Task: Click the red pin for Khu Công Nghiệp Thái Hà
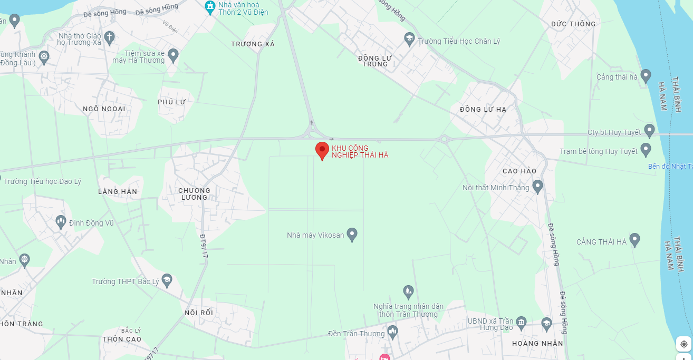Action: [x=322, y=150]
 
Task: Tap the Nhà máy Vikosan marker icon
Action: [x=352, y=235]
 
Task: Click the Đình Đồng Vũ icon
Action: [x=61, y=221]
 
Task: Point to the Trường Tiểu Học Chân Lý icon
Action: [x=409, y=38]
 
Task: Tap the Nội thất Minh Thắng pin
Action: [x=537, y=186]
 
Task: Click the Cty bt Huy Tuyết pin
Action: [x=649, y=131]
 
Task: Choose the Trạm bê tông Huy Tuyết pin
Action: [x=646, y=150]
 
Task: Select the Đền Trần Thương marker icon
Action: [x=392, y=332]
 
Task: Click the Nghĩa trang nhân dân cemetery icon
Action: [x=408, y=291]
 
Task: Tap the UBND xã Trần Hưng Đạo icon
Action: [x=522, y=322]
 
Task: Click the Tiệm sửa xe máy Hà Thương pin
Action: [x=173, y=55]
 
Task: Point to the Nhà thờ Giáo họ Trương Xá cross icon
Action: [x=109, y=37]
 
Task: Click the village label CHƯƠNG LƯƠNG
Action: [x=194, y=194]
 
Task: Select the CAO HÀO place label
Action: [x=519, y=171]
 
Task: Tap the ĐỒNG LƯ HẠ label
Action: [x=483, y=109]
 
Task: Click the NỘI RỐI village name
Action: [x=199, y=313]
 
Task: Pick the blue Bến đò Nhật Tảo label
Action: [x=670, y=167]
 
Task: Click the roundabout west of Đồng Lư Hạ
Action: [x=444, y=139]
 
